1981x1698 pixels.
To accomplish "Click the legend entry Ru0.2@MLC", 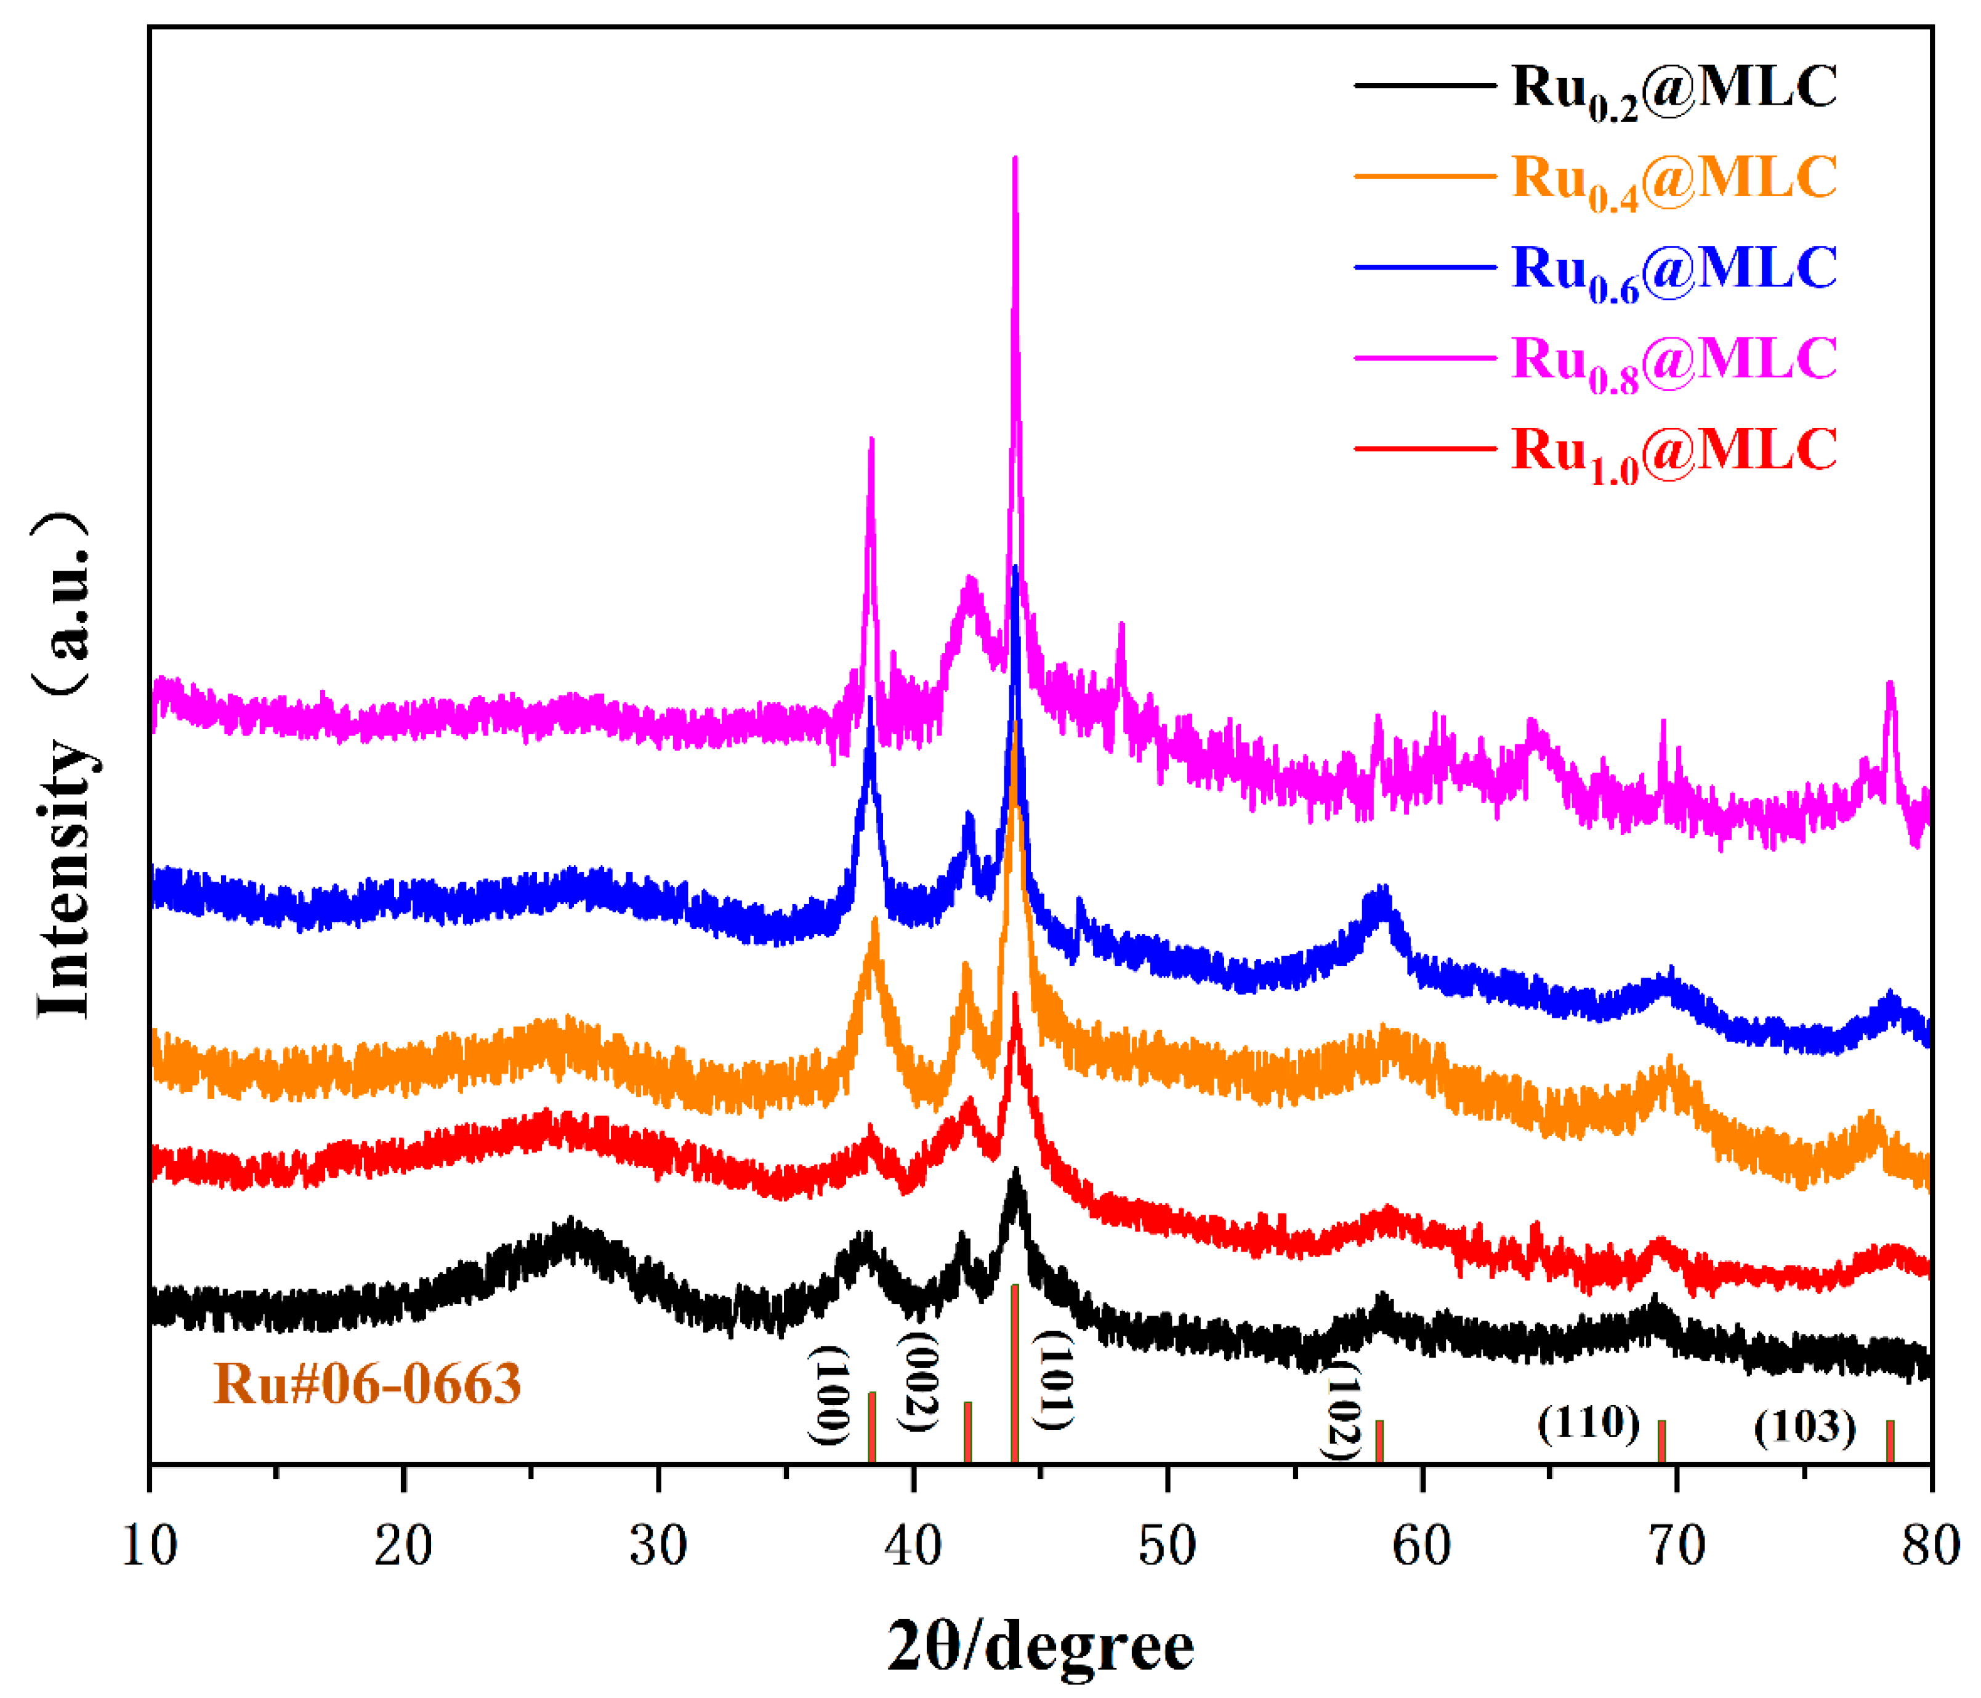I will tap(1673, 89).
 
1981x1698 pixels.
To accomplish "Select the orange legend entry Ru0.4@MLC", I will tap(1673, 179).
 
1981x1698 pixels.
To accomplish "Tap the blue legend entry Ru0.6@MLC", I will tap(1673, 270).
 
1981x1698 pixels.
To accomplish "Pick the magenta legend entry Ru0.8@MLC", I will tap(1673, 360).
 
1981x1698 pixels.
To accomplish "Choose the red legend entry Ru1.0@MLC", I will tap(1673, 451).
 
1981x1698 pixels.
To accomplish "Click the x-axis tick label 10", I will tap(150, 1546).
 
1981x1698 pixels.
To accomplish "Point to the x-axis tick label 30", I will tap(659, 1546).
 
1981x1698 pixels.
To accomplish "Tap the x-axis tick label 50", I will tap(1168, 1546).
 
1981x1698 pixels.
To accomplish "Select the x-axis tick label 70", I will tap(1676, 1546).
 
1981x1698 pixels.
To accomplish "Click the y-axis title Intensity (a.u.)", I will tap(65, 765).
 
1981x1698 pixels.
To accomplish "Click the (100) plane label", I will tap(829, 1395).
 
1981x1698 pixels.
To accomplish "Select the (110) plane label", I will tap(1589, 1423).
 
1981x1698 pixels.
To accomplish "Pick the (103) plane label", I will tap(1805, 1428).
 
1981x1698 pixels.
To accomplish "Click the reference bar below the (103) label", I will tap(1890, 1441).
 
